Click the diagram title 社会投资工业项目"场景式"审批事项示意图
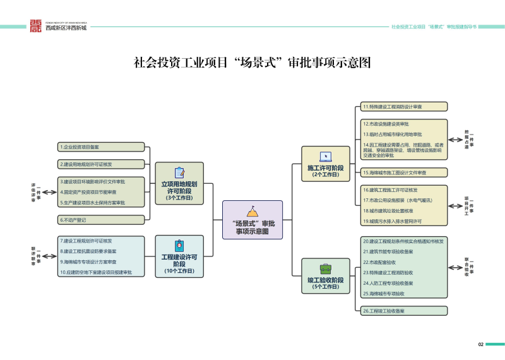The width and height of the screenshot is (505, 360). coord(252,63)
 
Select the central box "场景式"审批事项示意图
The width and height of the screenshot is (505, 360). coord(252,219)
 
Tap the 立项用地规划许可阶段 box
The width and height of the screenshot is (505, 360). coord(179,183)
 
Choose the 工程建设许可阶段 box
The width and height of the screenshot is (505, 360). coord(179,256)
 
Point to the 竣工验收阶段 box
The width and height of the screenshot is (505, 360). coord(325,275)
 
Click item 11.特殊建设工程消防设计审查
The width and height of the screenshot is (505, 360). coord(404,107)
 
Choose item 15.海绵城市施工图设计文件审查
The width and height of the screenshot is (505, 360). coord(404,172)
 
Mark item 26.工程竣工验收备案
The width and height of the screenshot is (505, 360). coord(404,311)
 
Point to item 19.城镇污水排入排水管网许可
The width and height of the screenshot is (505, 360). coord(404,221)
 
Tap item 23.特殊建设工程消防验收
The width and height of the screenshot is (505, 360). coord(404,272)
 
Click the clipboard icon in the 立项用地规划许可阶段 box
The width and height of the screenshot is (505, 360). coord(179,172)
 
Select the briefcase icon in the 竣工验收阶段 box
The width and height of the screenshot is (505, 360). coord(325,267)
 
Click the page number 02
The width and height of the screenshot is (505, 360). coord(480,344)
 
